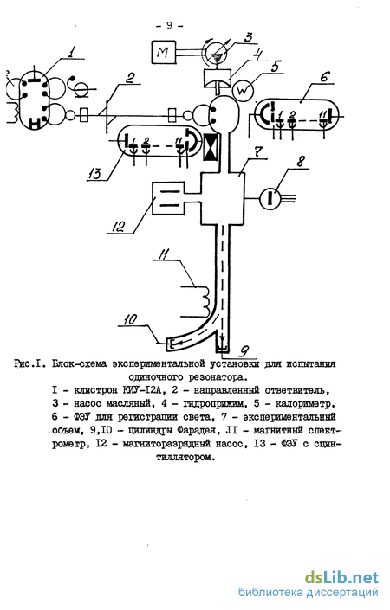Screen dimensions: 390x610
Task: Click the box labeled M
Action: pyautogui.click(x=164, y=52)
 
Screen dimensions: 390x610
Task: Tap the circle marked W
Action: pyautogui.click(x=243, y=91)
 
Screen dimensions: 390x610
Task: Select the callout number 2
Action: pyautogui.click(x=130, y=78)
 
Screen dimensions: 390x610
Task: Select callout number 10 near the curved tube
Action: pyautogui.click(x=130, y=319)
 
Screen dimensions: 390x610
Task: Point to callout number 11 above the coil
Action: pyautogui.click(x=164, y=255)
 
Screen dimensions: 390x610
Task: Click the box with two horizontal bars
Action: pyautogui.click(x=167, y=198)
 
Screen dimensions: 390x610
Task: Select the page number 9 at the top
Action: pyautogui.click(x=169, y=26)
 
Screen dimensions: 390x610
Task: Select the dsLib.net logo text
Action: pyautogui.click(x=341, y=577)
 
